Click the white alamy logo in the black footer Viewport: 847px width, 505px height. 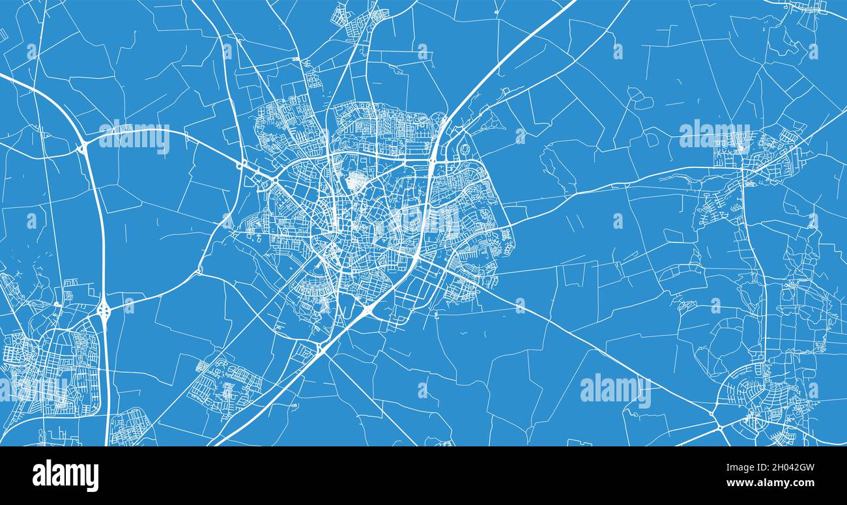65,475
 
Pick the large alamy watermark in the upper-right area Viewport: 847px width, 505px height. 714,134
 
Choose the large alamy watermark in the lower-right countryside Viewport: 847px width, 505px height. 615,390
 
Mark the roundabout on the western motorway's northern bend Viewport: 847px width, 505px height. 83,148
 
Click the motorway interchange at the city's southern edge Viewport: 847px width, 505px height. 367,311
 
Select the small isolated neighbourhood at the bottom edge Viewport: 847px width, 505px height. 130,427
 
